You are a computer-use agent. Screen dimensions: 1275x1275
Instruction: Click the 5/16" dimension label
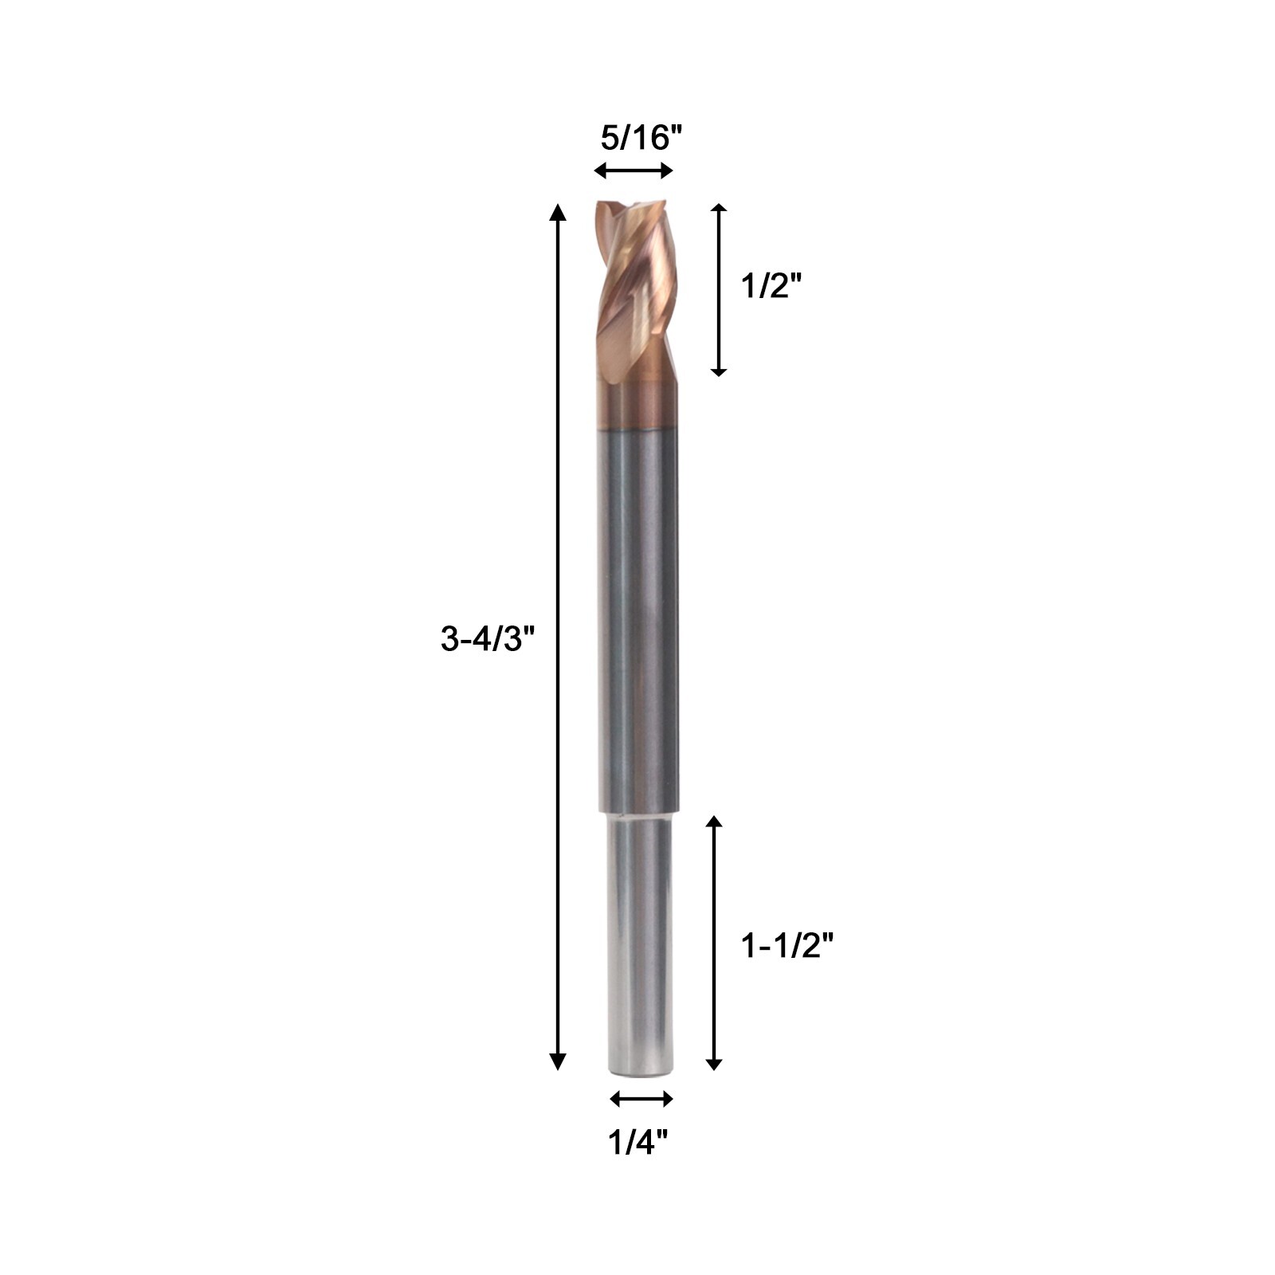(x=641, y=139)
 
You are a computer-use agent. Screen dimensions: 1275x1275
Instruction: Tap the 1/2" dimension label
(x=770, y=285)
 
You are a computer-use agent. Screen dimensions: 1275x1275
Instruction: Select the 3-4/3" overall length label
(x=486, y=639)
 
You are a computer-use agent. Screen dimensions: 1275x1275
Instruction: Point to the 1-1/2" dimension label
(x=787, y=946)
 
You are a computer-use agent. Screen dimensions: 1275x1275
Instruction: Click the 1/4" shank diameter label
(x=637, y=1143)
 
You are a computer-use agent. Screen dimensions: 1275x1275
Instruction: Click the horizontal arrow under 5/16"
(x=634, y=171)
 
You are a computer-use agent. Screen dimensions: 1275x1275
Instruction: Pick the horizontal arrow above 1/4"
(x=641, y=1099)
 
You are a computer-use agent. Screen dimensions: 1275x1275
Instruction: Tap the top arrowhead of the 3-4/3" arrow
(x=558, y=211)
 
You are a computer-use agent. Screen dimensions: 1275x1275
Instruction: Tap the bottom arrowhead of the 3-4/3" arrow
(x=558, y=1061)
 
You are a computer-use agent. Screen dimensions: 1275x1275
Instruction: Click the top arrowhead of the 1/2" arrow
(x=719, y=210)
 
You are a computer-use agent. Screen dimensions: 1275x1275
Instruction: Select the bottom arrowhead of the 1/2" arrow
(x=719, y=370)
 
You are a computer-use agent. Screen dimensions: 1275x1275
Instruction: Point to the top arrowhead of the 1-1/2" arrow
(x=714, y=822)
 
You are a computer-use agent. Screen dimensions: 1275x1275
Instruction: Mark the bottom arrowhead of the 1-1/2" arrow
(x=714, y=1063)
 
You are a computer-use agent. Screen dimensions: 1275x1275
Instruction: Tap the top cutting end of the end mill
(x=634, y=206)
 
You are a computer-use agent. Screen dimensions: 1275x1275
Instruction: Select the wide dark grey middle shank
(x=637, y=622)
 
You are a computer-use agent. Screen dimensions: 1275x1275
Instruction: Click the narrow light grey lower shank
(x=642, y=940)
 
